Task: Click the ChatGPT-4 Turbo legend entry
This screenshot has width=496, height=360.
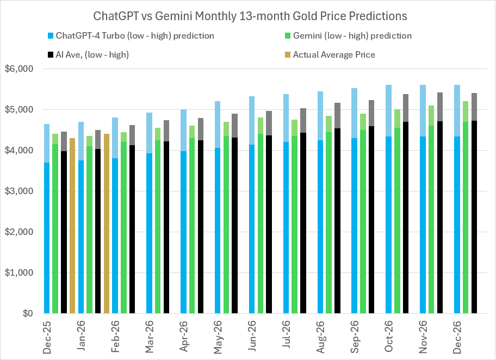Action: (134, 36)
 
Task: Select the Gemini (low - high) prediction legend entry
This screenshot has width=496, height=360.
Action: (352, 36)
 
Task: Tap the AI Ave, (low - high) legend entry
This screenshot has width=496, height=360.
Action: (91, 54)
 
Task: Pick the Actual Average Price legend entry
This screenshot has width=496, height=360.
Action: (333, 54)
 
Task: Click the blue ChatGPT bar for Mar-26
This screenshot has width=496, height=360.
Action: (149, 234)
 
